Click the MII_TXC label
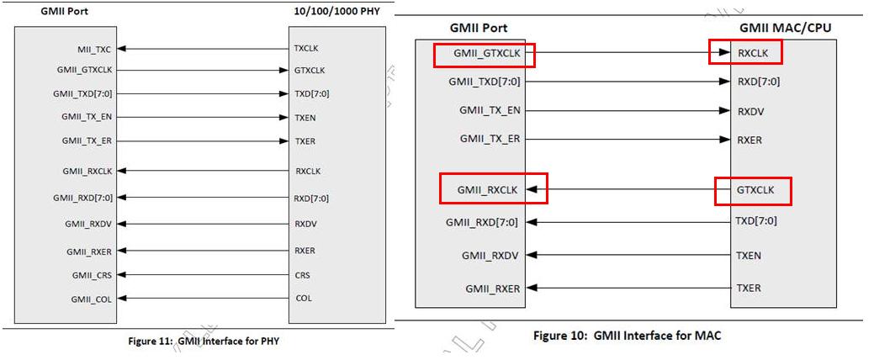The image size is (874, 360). pos(95,50)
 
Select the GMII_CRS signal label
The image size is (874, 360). pos(92,275)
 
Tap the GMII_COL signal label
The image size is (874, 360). pos(92,299)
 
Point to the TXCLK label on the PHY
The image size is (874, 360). pos(306,49)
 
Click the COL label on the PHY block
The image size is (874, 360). pos(304,298)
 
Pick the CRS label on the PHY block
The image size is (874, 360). pos(303,275)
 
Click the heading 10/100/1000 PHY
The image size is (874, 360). pos(336,10)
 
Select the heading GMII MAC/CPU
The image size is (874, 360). pos(786,27)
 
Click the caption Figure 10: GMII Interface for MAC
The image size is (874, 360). pos(627,336)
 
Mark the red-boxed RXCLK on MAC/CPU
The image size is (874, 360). pos(753,54)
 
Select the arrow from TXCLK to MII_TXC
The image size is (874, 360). pos(203,49)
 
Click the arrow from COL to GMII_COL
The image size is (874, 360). pos(203,298)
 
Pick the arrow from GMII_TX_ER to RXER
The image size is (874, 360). pos(628,139)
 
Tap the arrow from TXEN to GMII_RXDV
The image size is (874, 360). pos(628,255)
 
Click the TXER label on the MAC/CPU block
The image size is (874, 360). pos(749,289)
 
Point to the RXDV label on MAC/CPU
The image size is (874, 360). pos(750,111)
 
